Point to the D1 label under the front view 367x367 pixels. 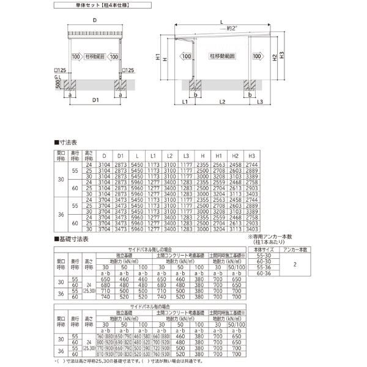[x=95, y=99]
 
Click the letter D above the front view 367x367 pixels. [x=94, y=20]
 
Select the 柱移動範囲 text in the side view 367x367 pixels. [x=220, y=56]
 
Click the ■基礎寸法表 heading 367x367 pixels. [x=72, y=239]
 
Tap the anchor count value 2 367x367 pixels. [x=294, y=265]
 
